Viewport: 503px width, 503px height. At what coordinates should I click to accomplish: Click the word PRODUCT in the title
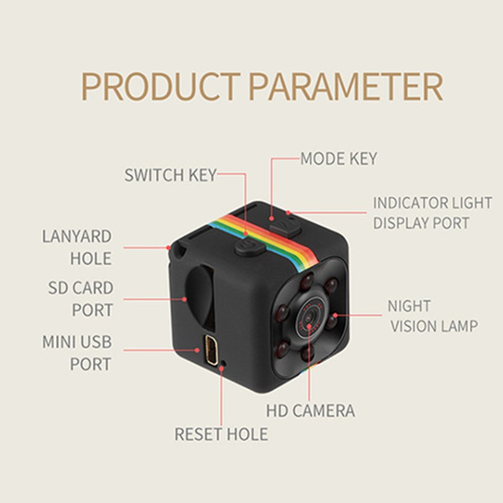coord(161,86)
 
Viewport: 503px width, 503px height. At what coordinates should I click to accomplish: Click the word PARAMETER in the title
coord(345,86)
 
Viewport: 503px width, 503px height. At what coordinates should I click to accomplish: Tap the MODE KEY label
coord(339,158)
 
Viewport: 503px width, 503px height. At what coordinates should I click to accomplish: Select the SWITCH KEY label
coord(171,175)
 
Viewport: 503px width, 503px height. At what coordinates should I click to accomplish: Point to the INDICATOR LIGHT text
coord(433,203)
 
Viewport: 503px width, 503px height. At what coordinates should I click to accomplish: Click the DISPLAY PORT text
coord(421,223)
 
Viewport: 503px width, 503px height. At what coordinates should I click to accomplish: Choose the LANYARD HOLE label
coord(77,247)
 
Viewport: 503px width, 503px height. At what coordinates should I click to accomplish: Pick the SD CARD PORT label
coord(80,299)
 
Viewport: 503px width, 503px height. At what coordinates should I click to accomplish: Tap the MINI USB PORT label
coord(77,353)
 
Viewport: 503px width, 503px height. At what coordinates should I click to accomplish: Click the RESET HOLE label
coord(221,434)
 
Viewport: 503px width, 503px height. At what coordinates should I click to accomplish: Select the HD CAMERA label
coord(310,411)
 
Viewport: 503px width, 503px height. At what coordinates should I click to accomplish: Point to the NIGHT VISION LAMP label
coord(433,316)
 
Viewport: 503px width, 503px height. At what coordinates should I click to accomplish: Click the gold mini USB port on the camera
coord(210,349)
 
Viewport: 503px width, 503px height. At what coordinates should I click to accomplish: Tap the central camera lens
coord(309,317)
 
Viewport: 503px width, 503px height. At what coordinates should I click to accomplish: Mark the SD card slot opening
coord(200,295)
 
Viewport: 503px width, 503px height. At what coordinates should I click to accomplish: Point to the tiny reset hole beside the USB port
coord(224,364)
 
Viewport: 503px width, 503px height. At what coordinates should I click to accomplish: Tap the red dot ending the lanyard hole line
coord(169,247)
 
